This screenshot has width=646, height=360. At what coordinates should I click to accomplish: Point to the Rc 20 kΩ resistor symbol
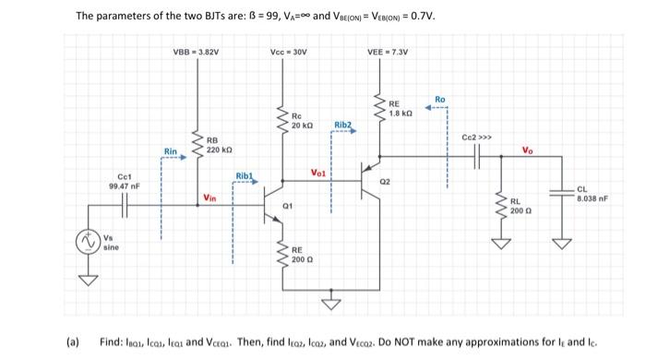[x=284, y=120]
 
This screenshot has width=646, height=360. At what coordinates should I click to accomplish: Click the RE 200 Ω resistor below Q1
[x=284, y=256]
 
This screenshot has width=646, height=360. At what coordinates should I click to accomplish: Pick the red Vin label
[x=210, y=198]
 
